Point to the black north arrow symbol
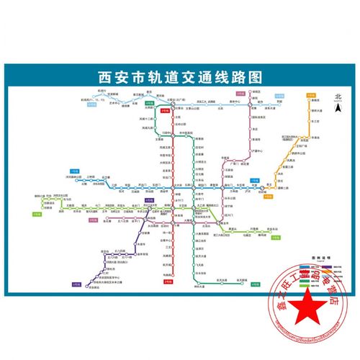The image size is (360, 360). (x=336, y=108)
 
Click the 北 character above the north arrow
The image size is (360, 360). (x=336, y=96)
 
